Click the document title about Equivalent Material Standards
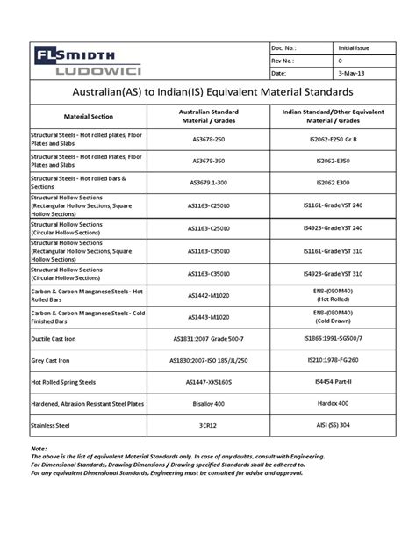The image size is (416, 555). pos(207,91)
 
